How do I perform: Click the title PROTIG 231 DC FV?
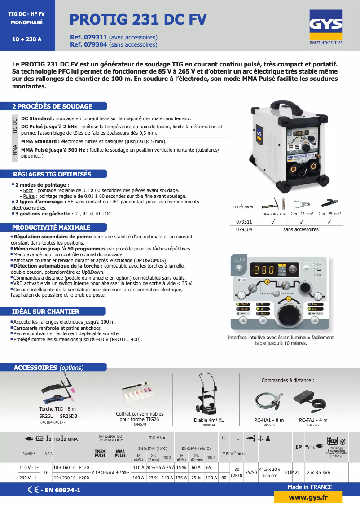[x=138, y=19]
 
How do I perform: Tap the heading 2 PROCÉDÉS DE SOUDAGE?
[x=53, y=106]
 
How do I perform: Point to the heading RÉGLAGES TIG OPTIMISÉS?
[x=52, y=174]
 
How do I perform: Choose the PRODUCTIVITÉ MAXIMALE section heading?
[x=51, y=228]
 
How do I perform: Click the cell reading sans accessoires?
[x=301, y=229]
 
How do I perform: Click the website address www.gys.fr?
[x=308, y=497]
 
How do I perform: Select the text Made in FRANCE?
[x=310, y=487]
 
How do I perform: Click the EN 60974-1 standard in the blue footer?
[x=60, y=491]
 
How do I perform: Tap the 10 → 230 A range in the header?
[x=27, y=39]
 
